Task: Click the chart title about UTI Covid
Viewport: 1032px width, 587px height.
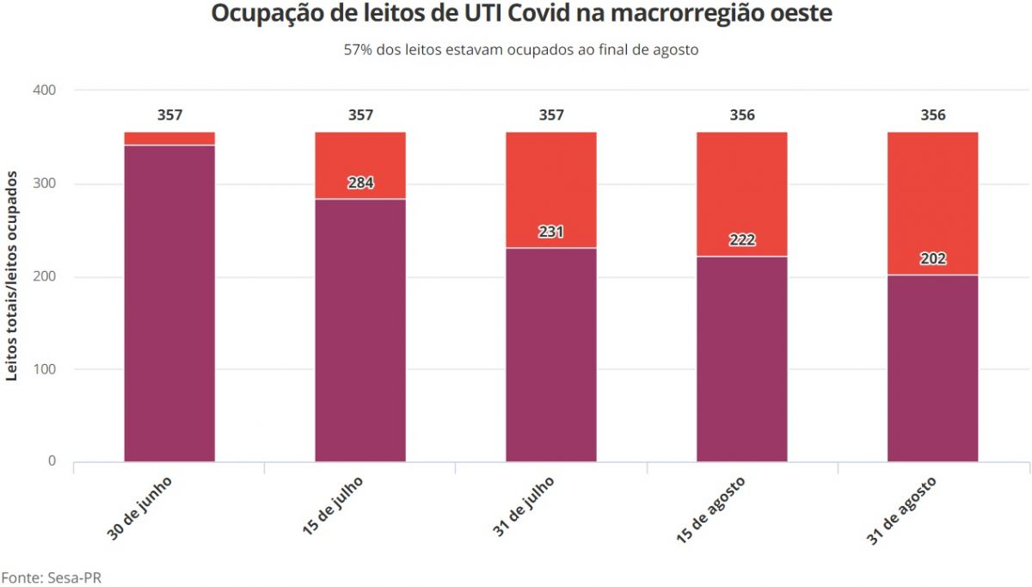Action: coord(521,15)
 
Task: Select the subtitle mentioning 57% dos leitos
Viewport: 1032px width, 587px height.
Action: coord(521,49)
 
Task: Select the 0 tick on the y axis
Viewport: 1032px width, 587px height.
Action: coord(52,462)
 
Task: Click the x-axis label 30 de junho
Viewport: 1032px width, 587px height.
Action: coord(140,508)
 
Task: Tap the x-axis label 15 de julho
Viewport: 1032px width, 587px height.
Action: coord(333,508)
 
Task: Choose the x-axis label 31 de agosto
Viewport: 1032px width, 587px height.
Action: coord(900,511)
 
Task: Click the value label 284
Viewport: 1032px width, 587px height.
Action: coord(360,182)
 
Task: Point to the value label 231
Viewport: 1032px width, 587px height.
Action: coord(551,232)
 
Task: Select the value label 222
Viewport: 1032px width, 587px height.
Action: coord(742,239)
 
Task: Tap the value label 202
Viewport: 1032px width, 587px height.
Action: coord(933,258)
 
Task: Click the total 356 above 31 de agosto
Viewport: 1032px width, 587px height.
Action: coord(933,115)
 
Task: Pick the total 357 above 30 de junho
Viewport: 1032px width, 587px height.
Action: coord(169,115)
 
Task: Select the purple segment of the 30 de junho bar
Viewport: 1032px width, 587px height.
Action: coord(169,301)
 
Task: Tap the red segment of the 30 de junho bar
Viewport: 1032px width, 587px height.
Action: coord(169,138)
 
